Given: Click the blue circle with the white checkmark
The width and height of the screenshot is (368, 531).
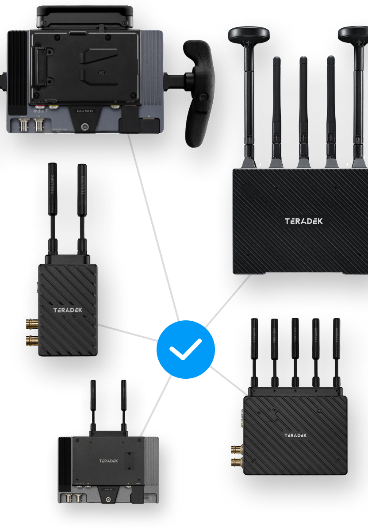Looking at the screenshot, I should coord(186,349).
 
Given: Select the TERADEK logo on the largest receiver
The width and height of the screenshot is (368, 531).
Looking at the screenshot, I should coord(303,221).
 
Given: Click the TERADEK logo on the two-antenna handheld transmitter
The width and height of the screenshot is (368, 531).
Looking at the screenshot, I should coord(68,310).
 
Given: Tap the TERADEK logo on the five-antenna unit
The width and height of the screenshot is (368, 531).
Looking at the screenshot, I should coord(295,435).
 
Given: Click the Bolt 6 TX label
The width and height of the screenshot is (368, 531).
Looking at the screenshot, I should coord(108,490).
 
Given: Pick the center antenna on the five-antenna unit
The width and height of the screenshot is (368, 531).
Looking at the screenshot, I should coord(295,350).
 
